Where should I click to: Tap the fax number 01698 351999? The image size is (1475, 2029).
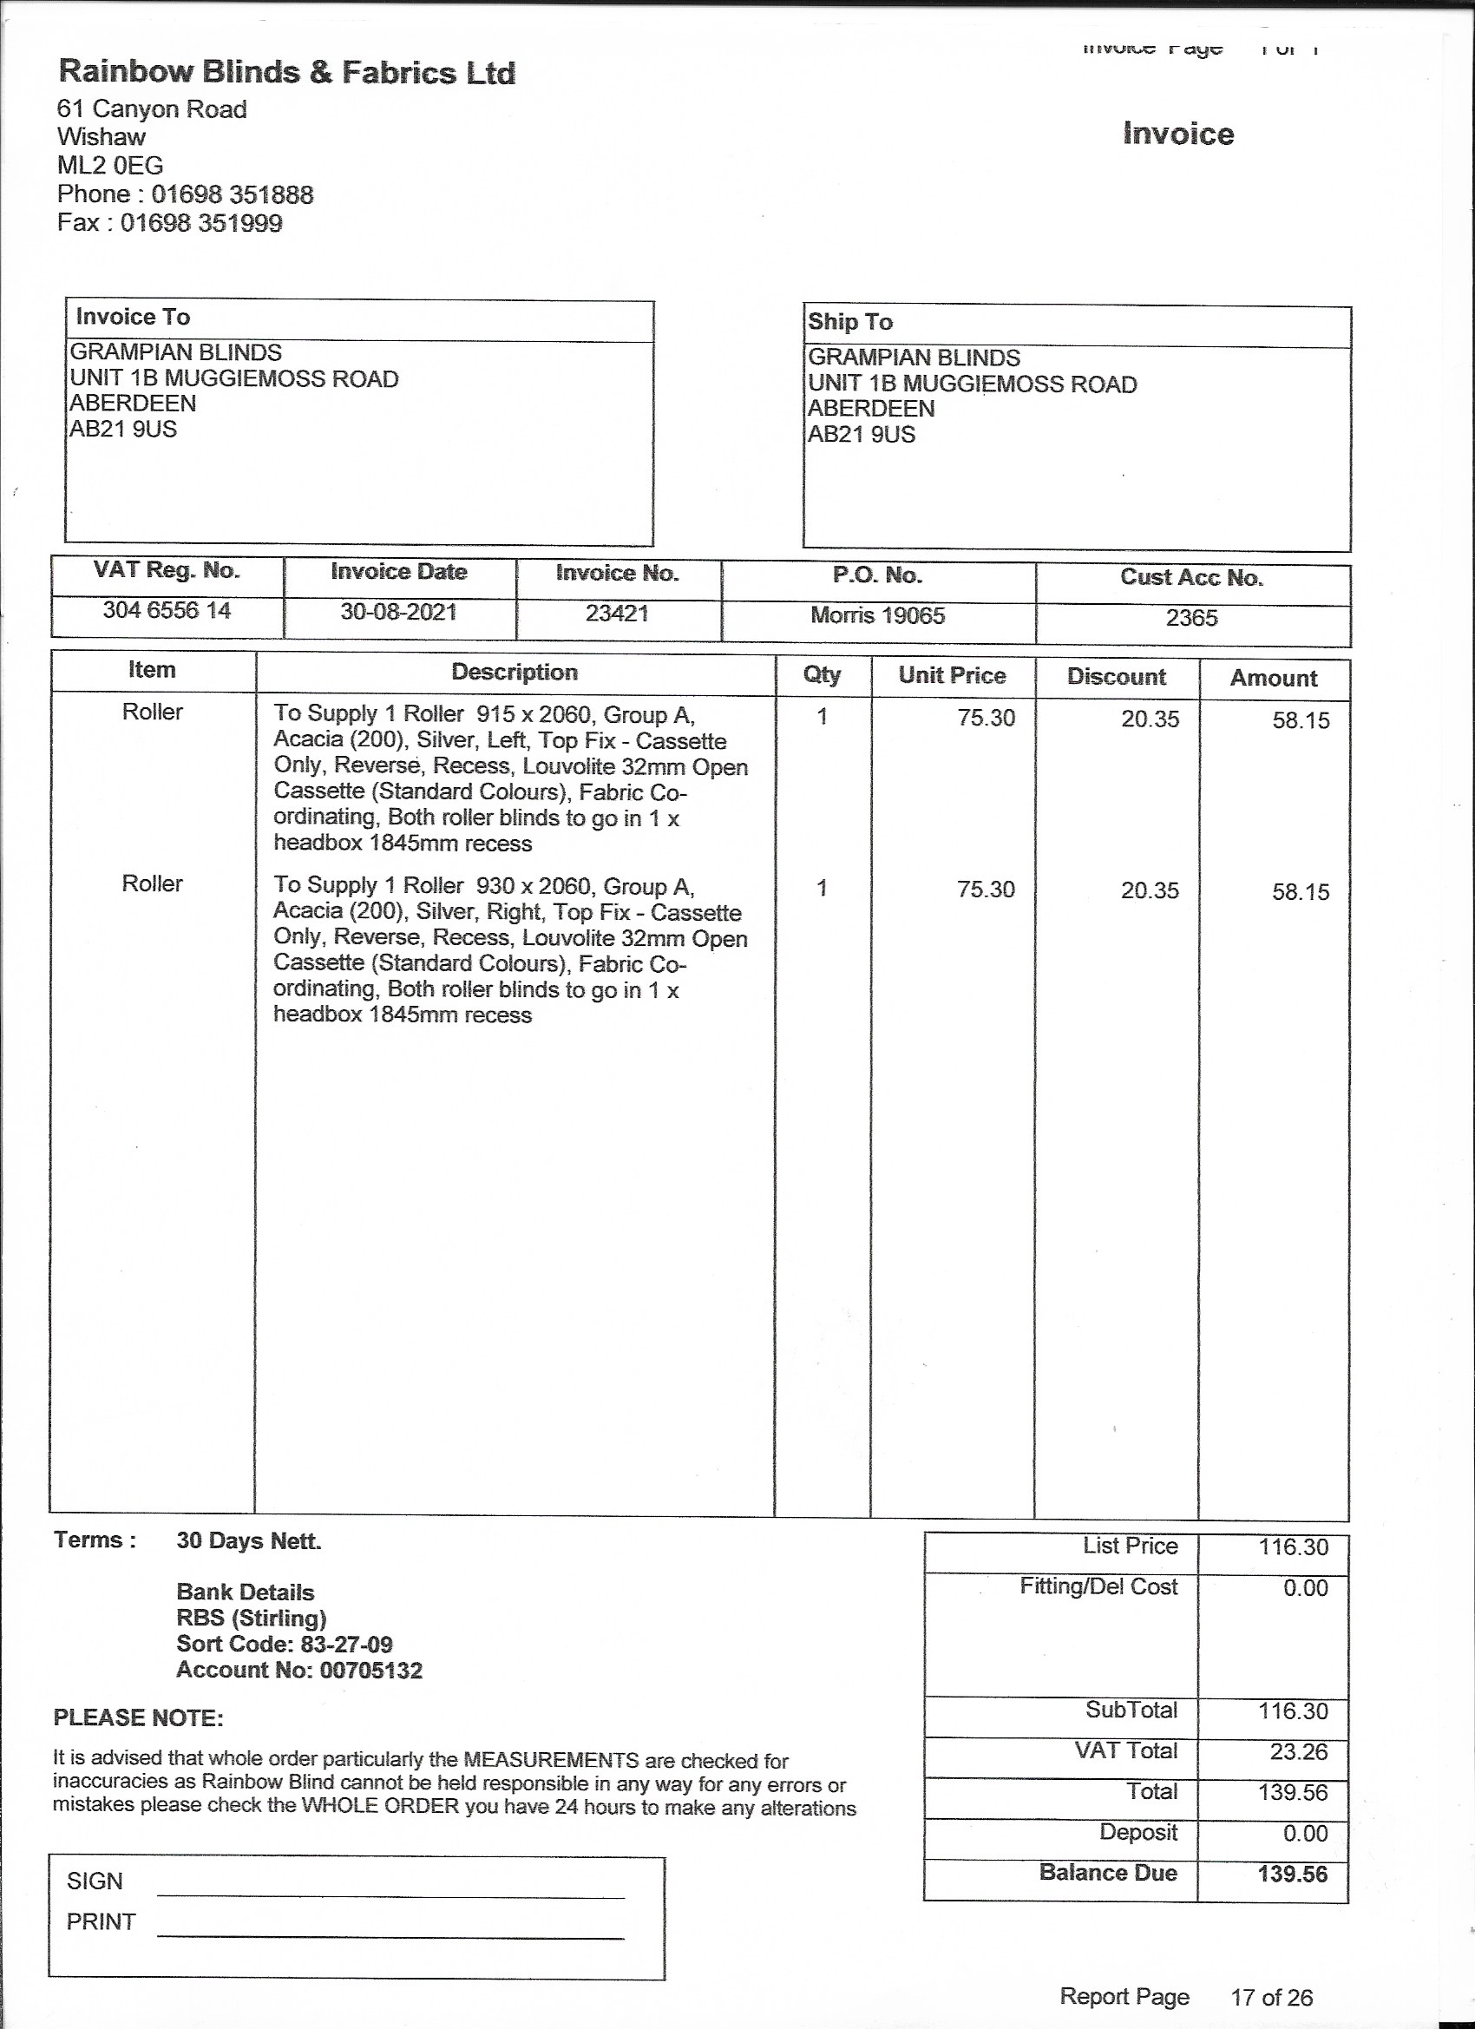point(201,223)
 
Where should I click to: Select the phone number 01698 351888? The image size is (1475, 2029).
point(232,194)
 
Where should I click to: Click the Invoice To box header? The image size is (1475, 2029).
point(134,317)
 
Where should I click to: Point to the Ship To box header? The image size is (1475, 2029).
point(849,322)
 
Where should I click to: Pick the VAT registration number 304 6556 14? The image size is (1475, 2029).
point(167,611)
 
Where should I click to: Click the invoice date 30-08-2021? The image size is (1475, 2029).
point(398,613)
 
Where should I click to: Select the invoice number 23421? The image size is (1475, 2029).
point(616,614)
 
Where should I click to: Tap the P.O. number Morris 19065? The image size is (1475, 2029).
point(877,615)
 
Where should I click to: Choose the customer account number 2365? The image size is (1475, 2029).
point(1191,618)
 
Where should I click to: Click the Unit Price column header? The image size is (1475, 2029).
point(952,675)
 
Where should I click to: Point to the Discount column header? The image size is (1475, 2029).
point(1116,677)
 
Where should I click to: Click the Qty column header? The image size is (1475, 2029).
point(821,674)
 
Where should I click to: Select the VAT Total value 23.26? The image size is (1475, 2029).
point(1298,1750)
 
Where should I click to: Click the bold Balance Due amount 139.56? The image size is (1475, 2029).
point(1292,1874)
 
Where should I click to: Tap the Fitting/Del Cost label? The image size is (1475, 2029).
point(1098,1587)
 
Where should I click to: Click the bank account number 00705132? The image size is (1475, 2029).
point(370,1671)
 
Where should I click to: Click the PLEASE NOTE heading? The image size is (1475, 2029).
point(138,1718)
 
